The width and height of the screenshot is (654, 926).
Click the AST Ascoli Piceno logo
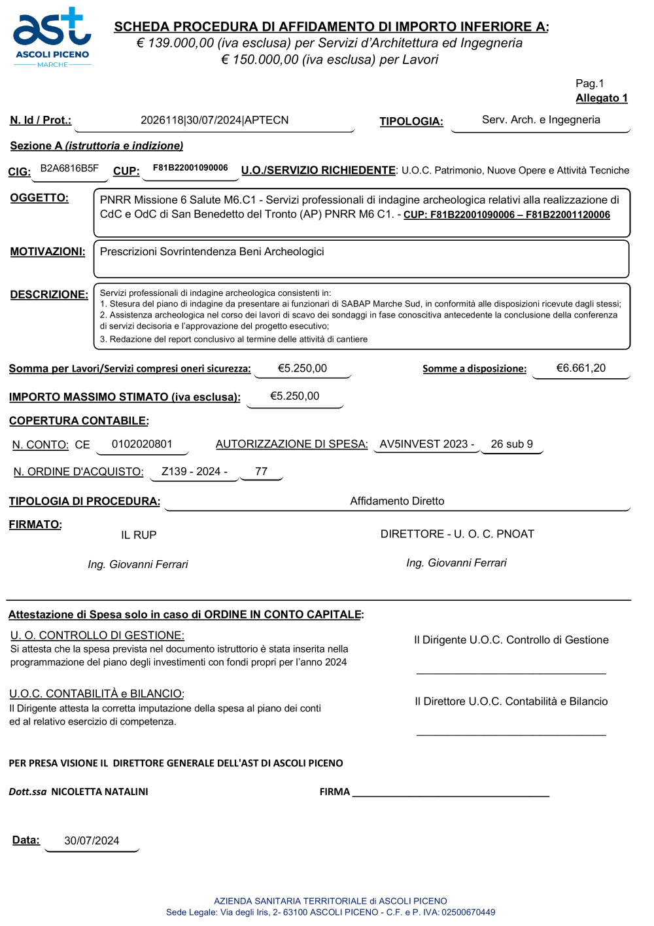coord(52,37)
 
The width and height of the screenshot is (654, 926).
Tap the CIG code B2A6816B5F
coord(69,168)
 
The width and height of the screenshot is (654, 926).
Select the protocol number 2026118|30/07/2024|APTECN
coord(215,120)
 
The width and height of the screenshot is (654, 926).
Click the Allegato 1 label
coord(601,98)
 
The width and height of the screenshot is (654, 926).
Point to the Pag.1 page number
coord(589,83)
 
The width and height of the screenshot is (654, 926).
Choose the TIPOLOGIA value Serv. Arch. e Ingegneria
coord(541,120)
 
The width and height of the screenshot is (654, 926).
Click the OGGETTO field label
coord(39,198)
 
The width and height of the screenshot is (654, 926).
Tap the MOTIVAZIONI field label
coord(48,252)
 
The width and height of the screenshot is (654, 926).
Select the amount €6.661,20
coord(581,368)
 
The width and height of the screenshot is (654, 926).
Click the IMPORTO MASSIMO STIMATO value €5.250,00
coord(294,396)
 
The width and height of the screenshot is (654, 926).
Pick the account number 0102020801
coord(142,444)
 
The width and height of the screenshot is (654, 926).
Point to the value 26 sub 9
coord(511,444)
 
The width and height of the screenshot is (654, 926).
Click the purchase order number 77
coord(261,472)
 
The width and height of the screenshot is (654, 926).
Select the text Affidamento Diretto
coord(397,501)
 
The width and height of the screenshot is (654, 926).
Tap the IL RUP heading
coord(139,535)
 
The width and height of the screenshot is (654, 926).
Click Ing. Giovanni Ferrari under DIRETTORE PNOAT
coord(456,563)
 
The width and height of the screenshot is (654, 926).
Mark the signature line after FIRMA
coord(451,794)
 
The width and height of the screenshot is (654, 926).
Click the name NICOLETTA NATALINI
coord(99,792)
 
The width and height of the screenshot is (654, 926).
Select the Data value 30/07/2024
coord(92,841)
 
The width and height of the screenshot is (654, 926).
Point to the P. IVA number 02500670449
coord(468,912)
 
